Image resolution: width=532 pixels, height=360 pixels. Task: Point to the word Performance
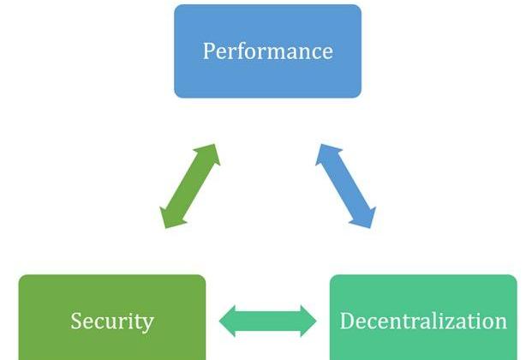coord(267,51)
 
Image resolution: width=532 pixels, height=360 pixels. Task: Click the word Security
coord(112,321)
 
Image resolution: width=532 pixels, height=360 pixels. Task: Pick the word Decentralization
coord(423,321)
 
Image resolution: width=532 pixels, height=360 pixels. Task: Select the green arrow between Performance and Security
coord(189,186)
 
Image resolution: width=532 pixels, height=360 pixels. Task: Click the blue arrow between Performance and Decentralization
coord(346,186)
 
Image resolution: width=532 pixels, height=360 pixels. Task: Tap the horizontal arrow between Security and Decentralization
coord(267,321)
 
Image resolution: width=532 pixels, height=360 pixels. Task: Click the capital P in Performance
coord(209,51)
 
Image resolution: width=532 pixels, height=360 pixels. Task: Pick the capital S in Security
coord(76,321)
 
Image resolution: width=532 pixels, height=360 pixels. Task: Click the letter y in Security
coord(148,325)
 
